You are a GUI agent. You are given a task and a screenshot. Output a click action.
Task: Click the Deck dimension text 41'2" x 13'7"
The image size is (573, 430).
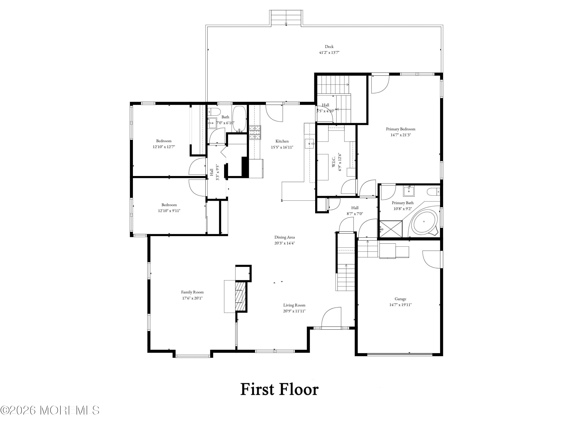(x=329, y=52)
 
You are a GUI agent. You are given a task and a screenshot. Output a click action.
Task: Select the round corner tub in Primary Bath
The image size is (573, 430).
(x=424, y=222)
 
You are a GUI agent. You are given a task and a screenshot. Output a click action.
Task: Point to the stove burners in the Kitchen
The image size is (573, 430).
(x=255, y=132)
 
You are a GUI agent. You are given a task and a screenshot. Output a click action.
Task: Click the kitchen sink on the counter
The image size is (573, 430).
(x=309, y=143)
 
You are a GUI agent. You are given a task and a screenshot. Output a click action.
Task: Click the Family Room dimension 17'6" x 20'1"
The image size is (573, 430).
(x=192, y=298)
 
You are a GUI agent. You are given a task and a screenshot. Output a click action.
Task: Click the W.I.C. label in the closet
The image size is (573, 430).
(x=334, y=161)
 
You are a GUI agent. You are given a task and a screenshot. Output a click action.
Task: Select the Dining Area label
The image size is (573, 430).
(x=284, y=237)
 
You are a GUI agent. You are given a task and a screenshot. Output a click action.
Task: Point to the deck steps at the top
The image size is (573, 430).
(x=286, y=18)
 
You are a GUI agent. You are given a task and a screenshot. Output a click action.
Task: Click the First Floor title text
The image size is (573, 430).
(x=279, y=389)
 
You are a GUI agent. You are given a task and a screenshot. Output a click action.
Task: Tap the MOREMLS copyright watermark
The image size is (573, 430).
(x=50, y=410)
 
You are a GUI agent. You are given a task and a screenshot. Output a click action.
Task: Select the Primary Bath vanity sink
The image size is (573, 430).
(x=409, y=191)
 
